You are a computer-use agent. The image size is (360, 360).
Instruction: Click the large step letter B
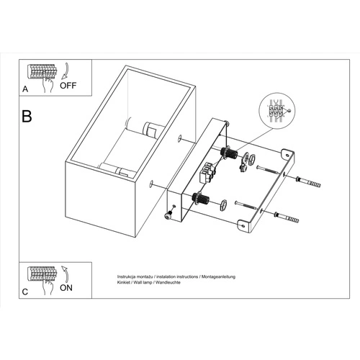pos(27,115)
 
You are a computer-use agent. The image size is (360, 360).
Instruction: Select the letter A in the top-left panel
pos(25,91)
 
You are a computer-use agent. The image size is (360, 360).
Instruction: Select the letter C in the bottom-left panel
pos(25,292)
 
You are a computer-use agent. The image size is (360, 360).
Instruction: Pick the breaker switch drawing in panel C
pos(42,275)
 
